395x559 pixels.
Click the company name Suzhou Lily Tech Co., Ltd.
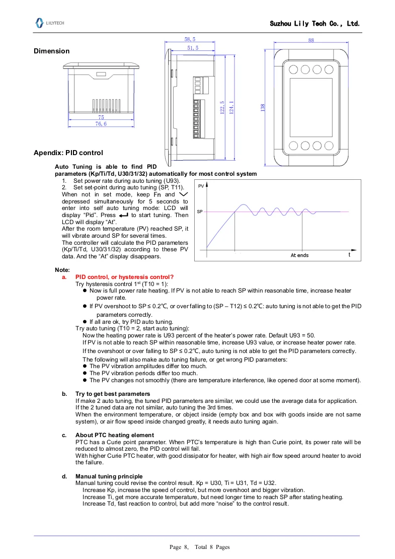[314, 24]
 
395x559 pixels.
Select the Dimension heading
[51, 51]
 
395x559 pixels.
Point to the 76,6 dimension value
[101, 123]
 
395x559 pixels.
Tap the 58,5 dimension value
[190, 39]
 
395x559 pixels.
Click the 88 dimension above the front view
[311, 40]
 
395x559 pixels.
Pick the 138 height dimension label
[263, 108]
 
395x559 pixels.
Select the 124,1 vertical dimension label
[231, 108]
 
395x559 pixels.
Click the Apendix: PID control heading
[68, 153]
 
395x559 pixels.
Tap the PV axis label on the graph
[201, 186]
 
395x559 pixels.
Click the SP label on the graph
[200, 212]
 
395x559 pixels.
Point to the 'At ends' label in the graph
[299, 255]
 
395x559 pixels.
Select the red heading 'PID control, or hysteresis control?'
[124, 276]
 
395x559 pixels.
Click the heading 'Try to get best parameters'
[113, 393]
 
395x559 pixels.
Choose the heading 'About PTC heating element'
[115, 435]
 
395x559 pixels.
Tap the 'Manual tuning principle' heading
[109, 476]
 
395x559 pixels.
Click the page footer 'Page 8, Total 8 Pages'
[199, 546]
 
